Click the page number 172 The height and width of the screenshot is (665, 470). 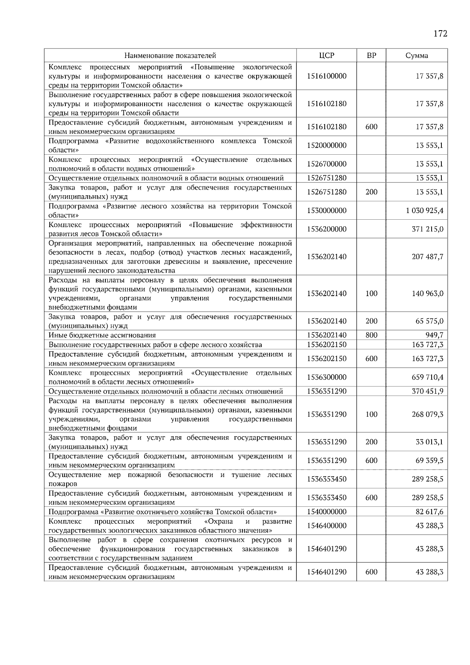point(440,34)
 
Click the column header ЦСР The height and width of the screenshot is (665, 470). point(327,56)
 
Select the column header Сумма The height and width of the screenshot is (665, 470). point(417,56)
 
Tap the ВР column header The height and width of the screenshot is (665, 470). point(371,56)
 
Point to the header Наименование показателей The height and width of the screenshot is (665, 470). point(170,56)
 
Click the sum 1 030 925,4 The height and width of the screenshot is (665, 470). point(425,211)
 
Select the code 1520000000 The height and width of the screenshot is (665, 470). point(327,145)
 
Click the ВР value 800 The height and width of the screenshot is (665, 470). point(371,335)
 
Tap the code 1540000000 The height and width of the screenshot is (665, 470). point(327,512)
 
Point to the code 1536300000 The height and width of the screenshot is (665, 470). point(327,378)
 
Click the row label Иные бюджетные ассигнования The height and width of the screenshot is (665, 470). point(102,335)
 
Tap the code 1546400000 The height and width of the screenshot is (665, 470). point(327,526)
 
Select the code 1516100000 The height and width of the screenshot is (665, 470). point(327,76)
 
